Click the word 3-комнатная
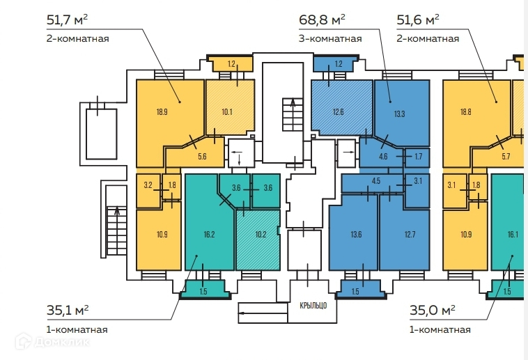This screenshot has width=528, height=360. click(x=329, y=38)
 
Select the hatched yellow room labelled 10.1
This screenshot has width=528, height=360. click(x=226, y=109)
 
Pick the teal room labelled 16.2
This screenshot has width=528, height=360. click(x=208, y=235)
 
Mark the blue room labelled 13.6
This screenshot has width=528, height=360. click(x=355, y=234)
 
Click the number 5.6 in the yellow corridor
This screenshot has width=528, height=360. click(x=203, y=155)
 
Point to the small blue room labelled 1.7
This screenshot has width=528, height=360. click(x=418, y=156)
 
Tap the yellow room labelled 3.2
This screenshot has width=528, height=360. click(x=148, y=186)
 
